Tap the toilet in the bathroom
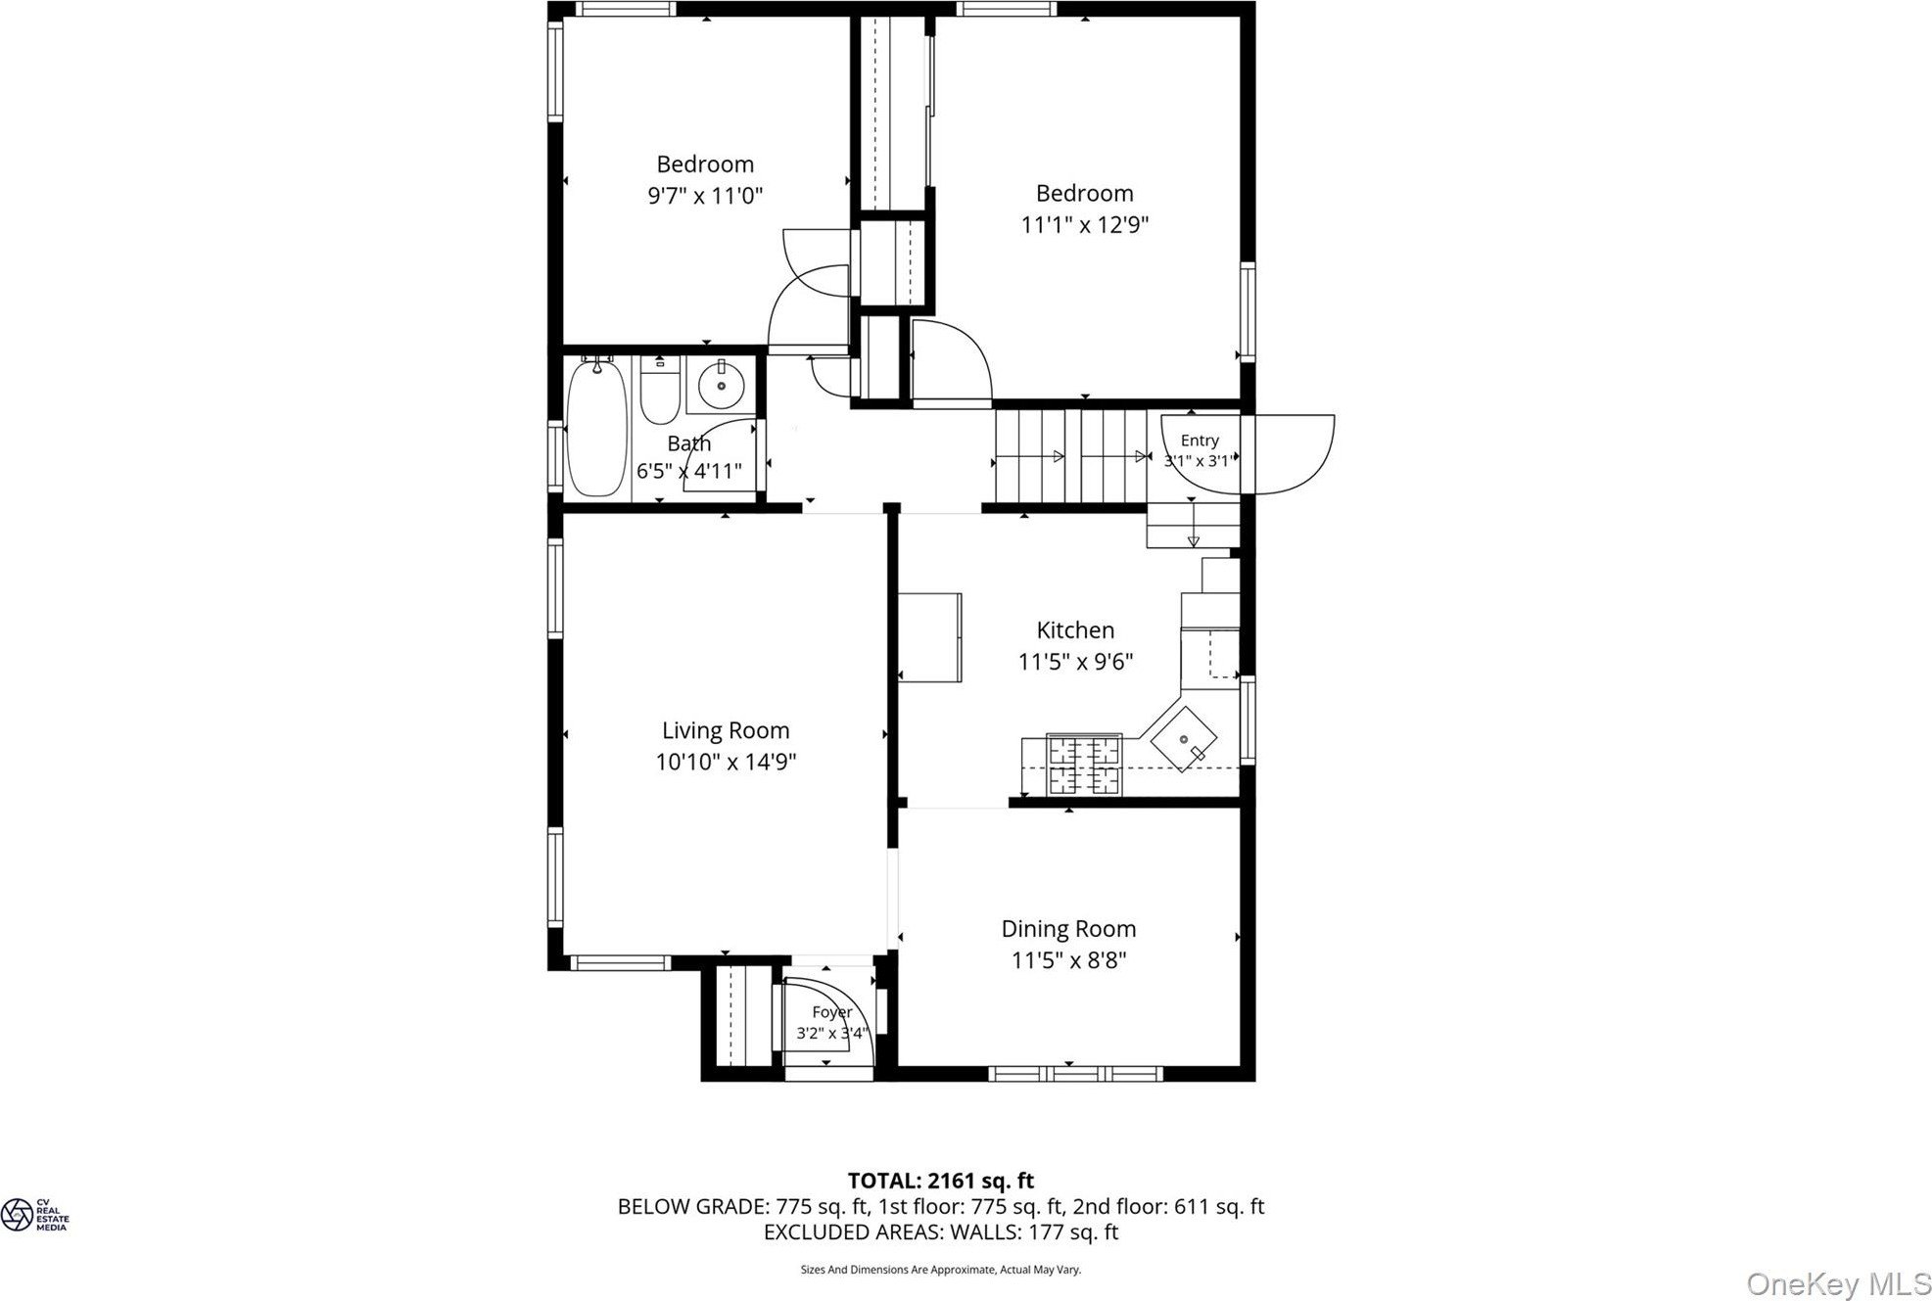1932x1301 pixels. (x=660, y=390)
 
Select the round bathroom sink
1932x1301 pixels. (x=722, y=386)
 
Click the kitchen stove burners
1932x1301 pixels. (x=1084, y=765)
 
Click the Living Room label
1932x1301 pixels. (x=726, y=730)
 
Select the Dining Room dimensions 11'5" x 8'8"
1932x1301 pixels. (x=1068, y=960)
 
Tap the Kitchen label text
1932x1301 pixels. (x=1075, y=630)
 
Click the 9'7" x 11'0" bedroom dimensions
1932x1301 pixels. (x=705, y=196)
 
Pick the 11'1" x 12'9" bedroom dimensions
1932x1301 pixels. (x=1084, y=225)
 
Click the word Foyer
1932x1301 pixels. (x=832, y=1012)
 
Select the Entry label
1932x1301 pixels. (x=1200, y=441)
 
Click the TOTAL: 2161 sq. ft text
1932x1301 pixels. (x=940, y=1181)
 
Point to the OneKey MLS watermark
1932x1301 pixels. (x=1838, y=1282)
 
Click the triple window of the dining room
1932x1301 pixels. (x=1075, y=1074)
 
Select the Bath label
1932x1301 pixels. (x=688, y=443)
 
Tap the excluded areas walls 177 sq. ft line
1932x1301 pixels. (x=940, y=1232)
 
